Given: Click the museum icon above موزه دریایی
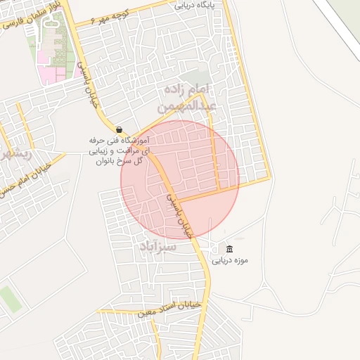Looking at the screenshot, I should coord(229,249).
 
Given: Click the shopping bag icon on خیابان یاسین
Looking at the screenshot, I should coord(118,130).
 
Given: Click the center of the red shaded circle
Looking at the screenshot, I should coord(180,179).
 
